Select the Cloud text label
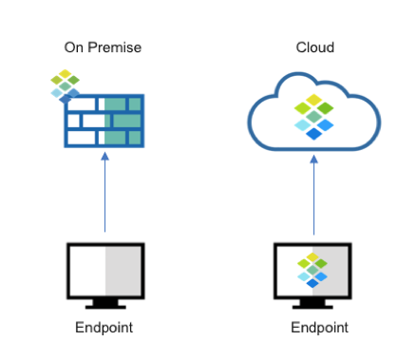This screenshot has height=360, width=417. coord(314,47)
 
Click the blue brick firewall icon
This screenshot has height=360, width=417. coord(104,122)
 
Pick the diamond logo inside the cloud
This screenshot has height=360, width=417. coord(313,116)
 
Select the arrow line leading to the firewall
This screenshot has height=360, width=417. coord(104,199)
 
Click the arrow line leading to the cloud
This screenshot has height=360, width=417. coord(313,199)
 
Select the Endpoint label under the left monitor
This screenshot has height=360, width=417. coord(104,329)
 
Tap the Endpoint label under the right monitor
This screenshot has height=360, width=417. coord(320,329)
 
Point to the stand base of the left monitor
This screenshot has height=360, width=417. coord(104,306)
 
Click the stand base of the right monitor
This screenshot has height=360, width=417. coord(313,306)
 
